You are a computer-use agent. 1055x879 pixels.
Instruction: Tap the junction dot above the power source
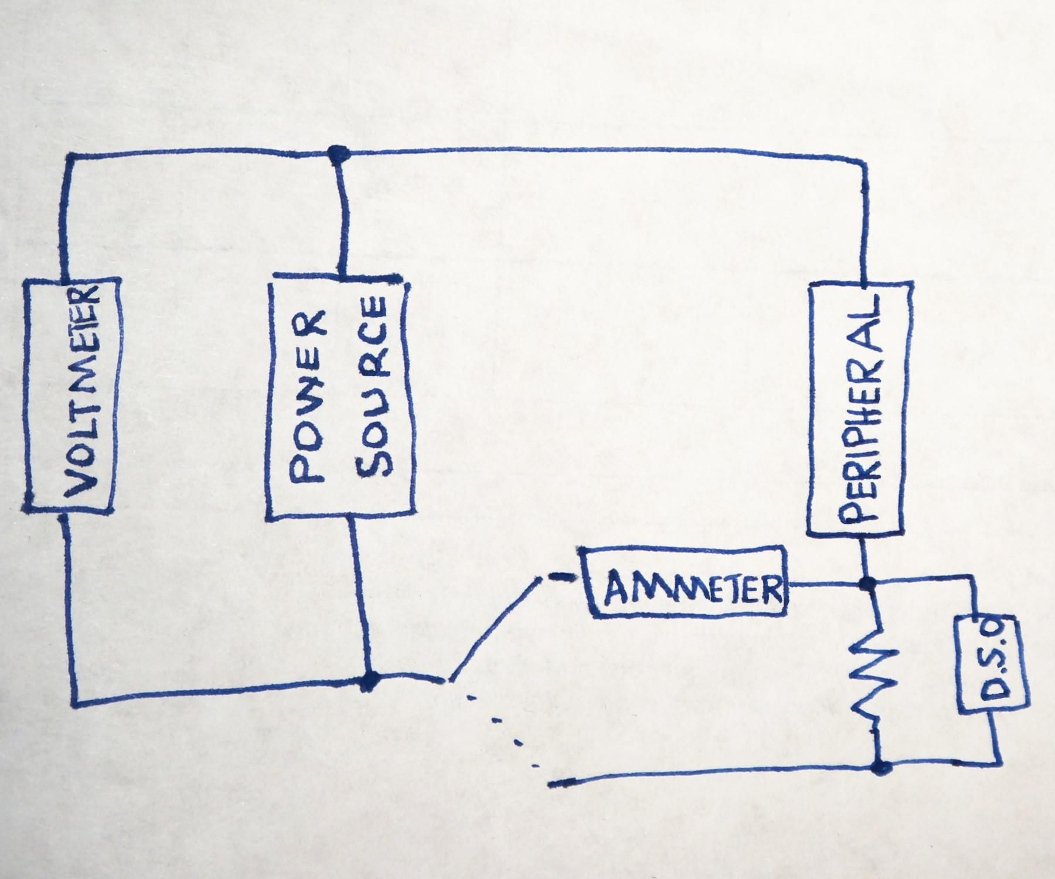(337, 153)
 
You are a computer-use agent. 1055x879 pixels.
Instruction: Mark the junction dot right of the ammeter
(866, 584)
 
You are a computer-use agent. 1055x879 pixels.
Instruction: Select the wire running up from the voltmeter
(68, 217)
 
